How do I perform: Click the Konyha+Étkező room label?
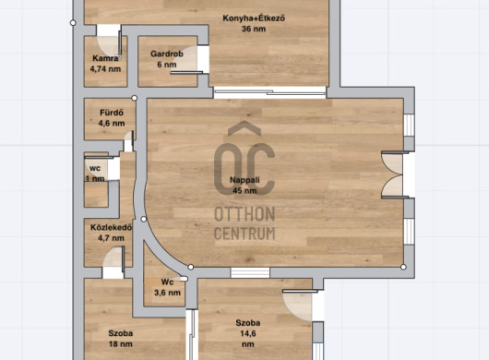click(x=254, y=18)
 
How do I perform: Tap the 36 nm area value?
click(x=254, y=29)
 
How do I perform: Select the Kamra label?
click(x=105, y=58)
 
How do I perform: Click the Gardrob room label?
click(x=167, y=54)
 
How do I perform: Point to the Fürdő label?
click(x=112, y=113)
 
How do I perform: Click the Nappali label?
click(x=244, y=180)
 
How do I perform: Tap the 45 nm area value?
click(x=244, y=190)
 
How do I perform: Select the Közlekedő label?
click(x=111, y=227)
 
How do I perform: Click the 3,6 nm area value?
click(x=167, y=293)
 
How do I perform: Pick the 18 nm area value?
click(x=120, y=344)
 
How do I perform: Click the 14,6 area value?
click(x=248, y=333)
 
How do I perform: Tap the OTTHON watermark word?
click(x=244, y=214)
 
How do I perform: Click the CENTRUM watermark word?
click(x=244, y=234)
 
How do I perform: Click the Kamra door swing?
click(x=109, y=46)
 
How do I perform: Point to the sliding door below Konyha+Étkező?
click(x=269, y=92)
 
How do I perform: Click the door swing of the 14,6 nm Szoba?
click(x=298, y=306)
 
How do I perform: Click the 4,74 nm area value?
click(x=105, y=69)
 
